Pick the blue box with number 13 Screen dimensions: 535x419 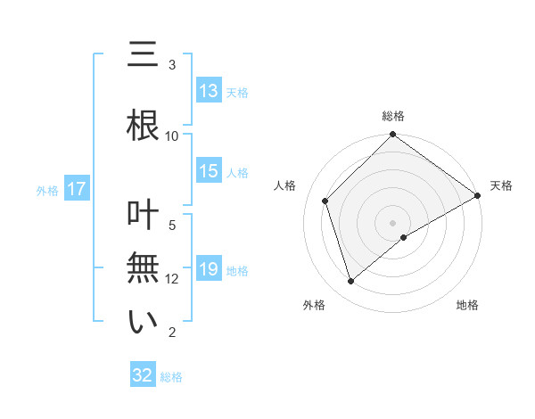coord(209,91)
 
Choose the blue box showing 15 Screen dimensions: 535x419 coord(209,172)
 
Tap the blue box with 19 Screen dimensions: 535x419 coord(209,269)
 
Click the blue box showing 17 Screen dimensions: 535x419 coord(76,189)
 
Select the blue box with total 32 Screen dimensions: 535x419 coord(143,375)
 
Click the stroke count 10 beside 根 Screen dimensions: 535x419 coord(172,136)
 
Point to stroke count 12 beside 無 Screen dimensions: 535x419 coord(172,279)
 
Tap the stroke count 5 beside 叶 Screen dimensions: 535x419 coord(172,225)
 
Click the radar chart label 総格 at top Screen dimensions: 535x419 coord(392,116)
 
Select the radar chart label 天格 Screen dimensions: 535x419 coord(501,185)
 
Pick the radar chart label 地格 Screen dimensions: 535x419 coord(467,305)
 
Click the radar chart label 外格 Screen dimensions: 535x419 coord(314,305)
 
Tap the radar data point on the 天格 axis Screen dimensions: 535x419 coord(478,195)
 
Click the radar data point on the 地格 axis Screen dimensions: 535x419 coord(404,237)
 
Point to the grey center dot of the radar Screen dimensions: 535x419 coord(392,222)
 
